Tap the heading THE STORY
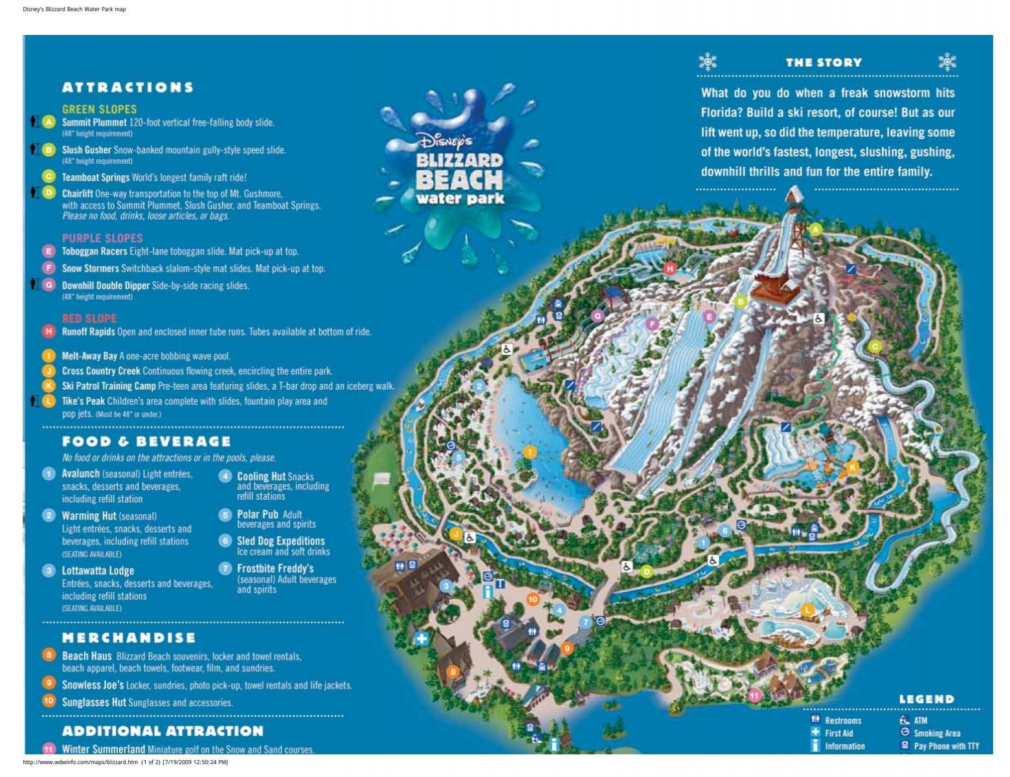click(x=824, y=63)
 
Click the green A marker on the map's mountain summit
click(x=816, y=229)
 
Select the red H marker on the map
click(x=670, y=268)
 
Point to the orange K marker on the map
click(x=853, y=467)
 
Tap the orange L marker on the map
click(x=807, y=610)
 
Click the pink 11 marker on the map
click(x=754, y=696)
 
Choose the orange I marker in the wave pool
click(x=530, y=452)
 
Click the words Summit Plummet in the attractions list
click(x=94, y=122)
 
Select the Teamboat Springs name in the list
click(x=96, y=177)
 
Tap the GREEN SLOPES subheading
click(x=99, y=109)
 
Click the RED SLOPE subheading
click(x=89, y=319)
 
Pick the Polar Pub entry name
click(x=258, y=515)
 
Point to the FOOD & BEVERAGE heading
click(x=146, y=442)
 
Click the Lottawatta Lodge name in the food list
click(x=98, y=571)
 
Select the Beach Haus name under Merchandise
click(x=87, y=657)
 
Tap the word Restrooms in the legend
click(x=843, y=721)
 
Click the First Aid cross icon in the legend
click(x=815, y=732)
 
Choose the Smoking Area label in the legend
click(x=937, y=734)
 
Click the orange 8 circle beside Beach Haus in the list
click(x=49, y=655)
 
